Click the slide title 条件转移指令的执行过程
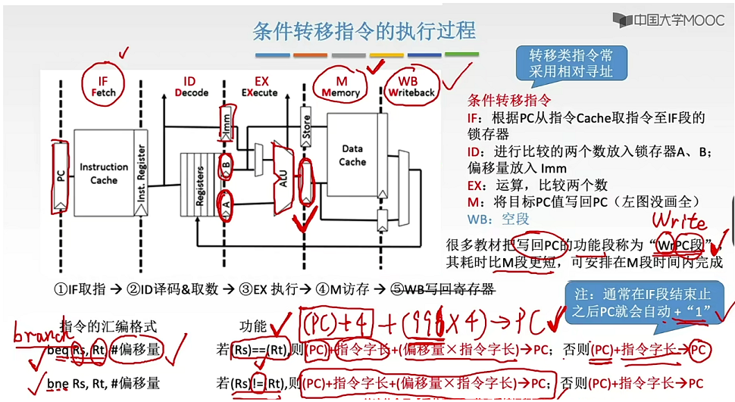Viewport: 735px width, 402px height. (x=364, y=31)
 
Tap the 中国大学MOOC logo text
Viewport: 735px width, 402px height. (x=668, y=20)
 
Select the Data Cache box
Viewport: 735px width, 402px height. (x=352, y=155)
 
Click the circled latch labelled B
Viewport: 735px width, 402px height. (x=225, y=163)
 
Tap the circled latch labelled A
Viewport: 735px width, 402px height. (x=225, y=202)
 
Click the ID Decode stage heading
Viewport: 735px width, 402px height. (x=189, y=87)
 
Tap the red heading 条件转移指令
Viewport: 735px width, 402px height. (x=509, y=101)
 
